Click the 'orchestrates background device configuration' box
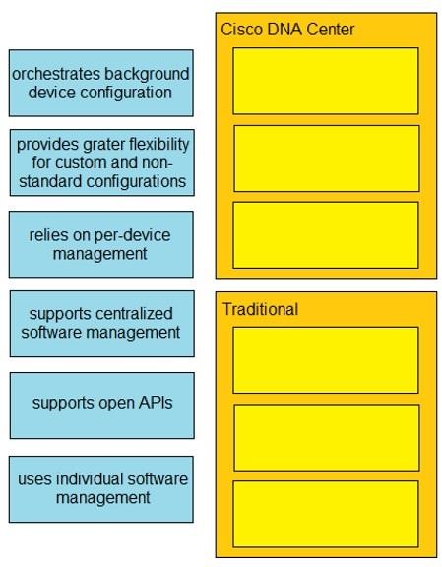101,83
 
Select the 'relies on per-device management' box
101,244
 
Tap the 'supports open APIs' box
102,406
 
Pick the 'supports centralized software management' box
102,324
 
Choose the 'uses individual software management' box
101,489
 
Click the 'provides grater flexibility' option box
102,162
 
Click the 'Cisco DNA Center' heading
287,30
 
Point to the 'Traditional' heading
261,309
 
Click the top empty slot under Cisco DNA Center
326,81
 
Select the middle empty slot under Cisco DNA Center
327,158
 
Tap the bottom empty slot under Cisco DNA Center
326,235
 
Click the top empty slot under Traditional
326,360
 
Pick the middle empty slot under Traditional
327,437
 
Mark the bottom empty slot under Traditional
326,514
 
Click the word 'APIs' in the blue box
156,403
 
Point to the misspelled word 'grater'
104,145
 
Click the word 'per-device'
132,236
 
